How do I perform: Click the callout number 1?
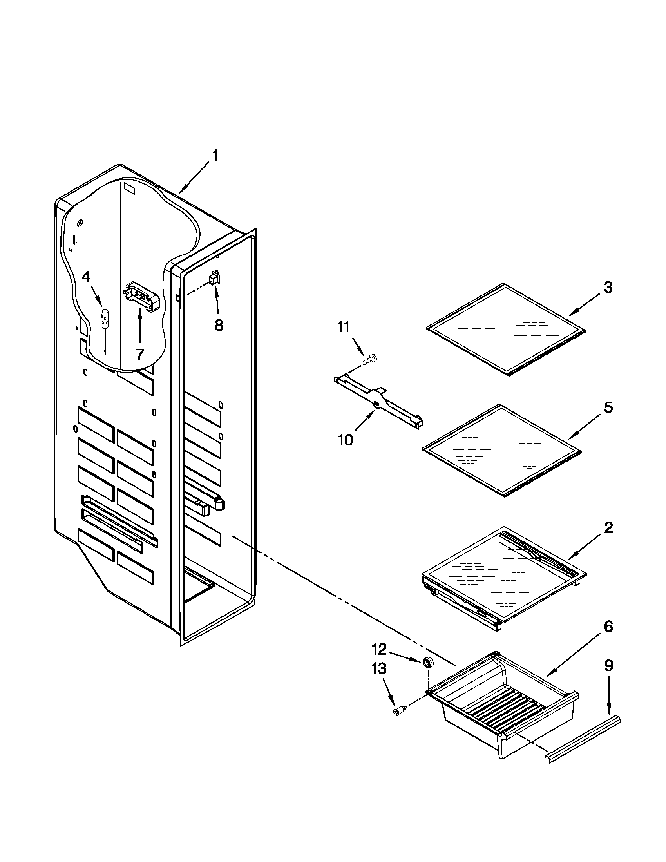point(215,156)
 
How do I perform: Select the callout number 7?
point(139,354)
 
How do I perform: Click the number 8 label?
point(219,325)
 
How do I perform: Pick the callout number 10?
point(345,440)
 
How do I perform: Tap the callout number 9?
point(609,666)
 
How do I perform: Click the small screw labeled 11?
point(370,359)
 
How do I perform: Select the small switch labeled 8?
point(215,279)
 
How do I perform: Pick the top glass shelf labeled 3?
point(506,329)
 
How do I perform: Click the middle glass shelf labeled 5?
point(502,450)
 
